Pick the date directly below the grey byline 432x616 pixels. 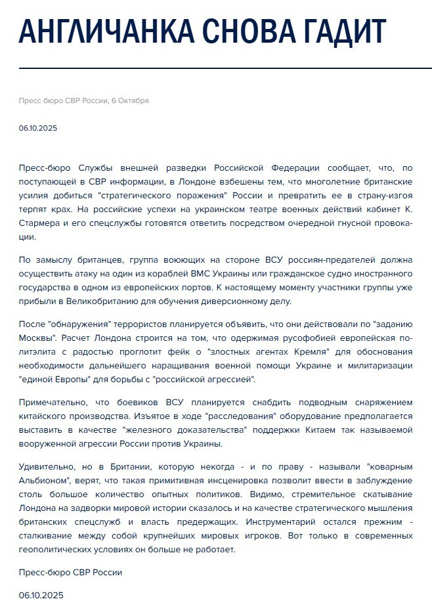(38, 128)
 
